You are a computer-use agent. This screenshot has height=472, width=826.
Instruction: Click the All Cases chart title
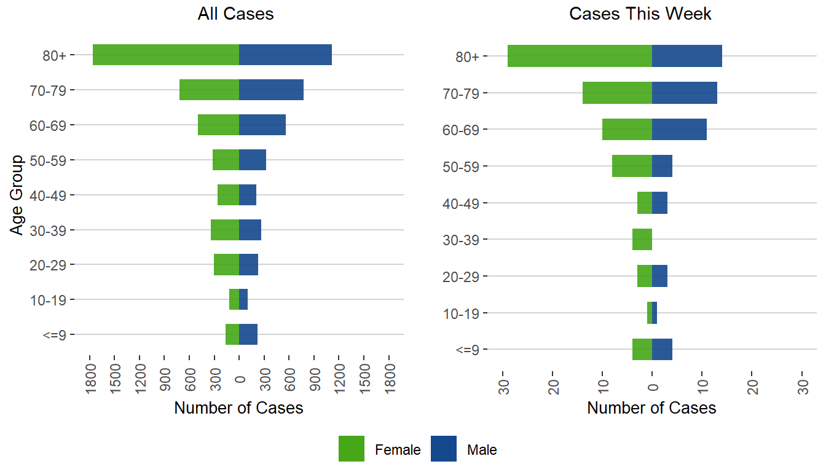click(x=235, y=14)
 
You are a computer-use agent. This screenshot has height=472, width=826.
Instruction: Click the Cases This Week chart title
click(x=640, y=14)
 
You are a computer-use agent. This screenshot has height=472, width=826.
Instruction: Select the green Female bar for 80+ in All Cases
click(x=166, y=55)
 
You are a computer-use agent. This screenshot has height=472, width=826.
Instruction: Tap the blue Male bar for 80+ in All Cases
click(x=285, y=55)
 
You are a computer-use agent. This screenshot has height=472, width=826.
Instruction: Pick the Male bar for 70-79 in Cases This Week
click(x=684, y=93)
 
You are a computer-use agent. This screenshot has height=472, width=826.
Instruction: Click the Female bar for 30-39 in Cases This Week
click(x=642, y=239)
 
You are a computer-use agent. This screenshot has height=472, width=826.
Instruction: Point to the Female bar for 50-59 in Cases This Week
click(x=632, y=166)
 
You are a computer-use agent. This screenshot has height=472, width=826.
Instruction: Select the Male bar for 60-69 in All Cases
click(x=262, y=125)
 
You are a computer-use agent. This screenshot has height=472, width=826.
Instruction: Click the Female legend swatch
click(x=352, y=449)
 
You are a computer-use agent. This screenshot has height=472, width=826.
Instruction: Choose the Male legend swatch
click(x=444, y=449)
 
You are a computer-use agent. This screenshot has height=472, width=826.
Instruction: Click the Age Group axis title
click(x=17, y=195)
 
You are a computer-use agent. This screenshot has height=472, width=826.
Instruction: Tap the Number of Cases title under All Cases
click(x=238, y=407)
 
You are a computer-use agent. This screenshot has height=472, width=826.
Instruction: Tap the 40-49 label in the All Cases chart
click(x=52, y=195)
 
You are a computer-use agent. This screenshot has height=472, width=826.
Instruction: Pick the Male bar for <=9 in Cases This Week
click(x=662, y=349)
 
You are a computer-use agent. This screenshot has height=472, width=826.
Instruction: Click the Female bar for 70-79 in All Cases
click(x=209, y=90)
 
